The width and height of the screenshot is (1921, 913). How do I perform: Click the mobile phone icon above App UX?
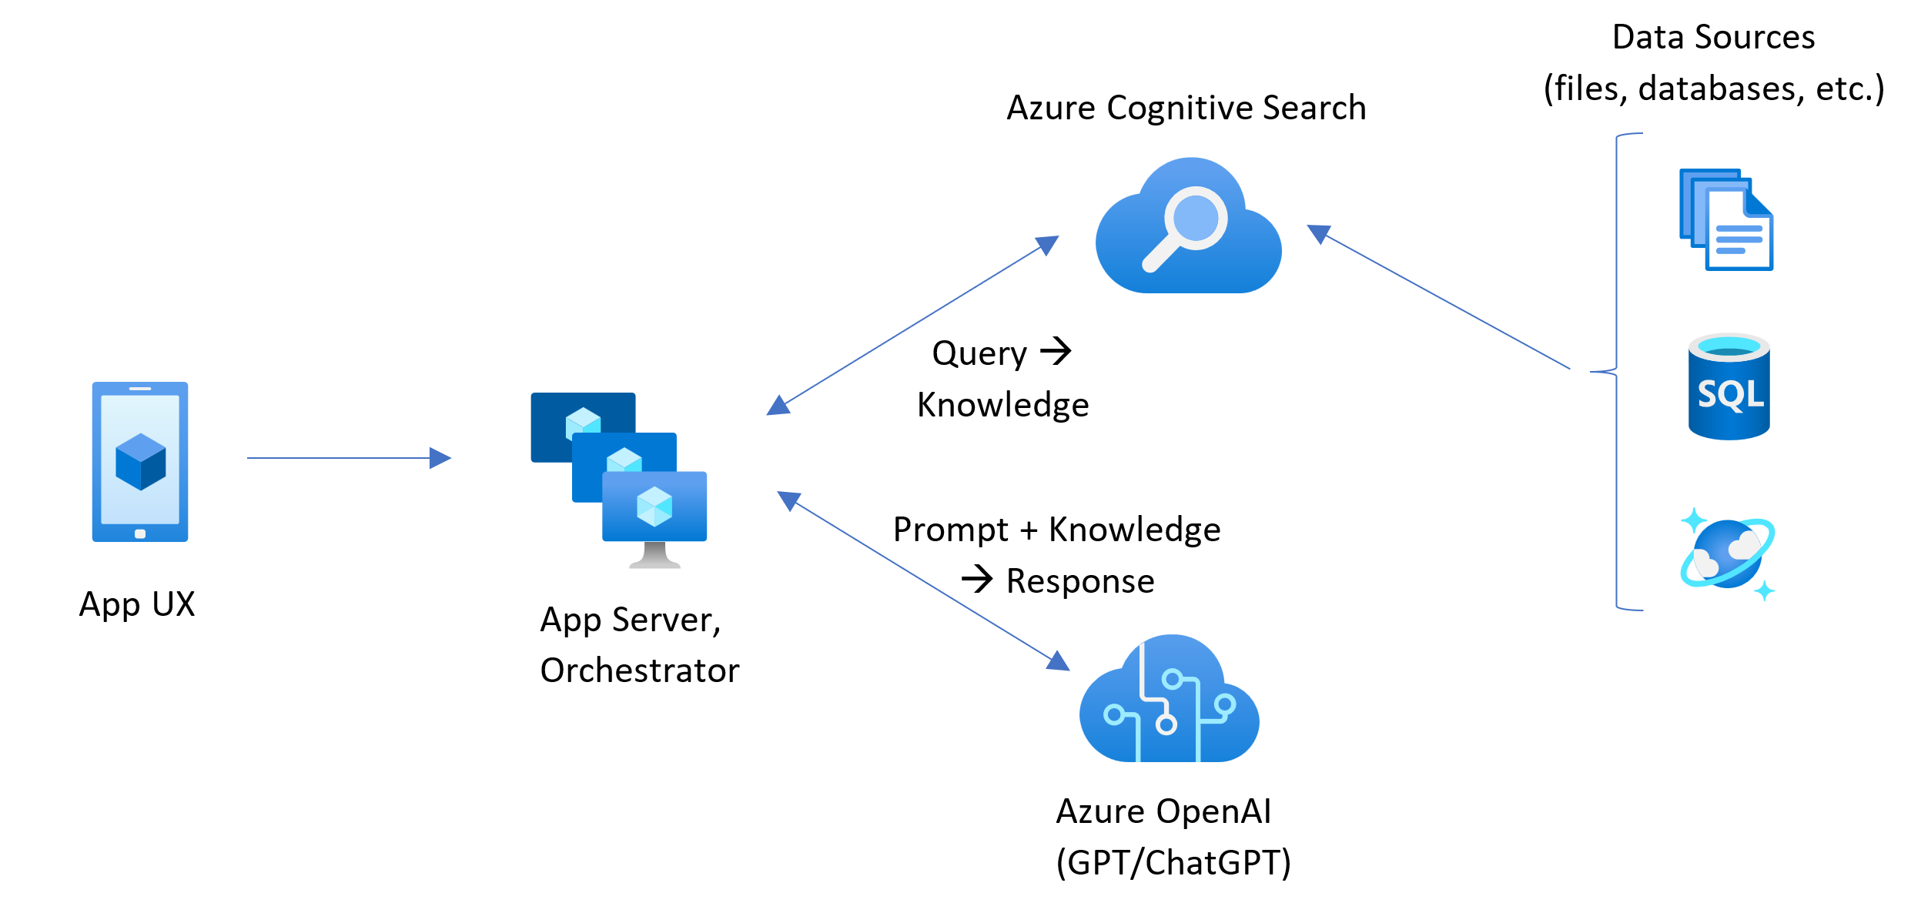point(140,461)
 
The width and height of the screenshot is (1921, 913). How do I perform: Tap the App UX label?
point(137,604)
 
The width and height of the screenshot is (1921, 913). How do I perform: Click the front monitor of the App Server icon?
point(654,507)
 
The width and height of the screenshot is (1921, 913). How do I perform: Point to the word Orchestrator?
point(639,671)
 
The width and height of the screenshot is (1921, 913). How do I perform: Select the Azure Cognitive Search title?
point(1186,108)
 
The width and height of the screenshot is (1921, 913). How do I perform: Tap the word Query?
point(979,353)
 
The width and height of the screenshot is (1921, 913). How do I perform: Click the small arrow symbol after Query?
point(1056,351)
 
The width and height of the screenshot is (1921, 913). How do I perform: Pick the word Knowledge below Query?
point(1002,405)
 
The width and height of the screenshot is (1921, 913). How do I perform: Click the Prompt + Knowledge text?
point(1056,530)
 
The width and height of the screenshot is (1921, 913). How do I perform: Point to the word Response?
point(1080,581)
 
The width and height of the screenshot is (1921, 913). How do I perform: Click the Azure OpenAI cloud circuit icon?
point(1169,701)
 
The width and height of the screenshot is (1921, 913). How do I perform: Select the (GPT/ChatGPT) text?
point(1173,862)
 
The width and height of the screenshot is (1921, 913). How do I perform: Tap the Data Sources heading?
point(1713,37)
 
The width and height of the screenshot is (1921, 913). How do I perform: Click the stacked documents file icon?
point(1726,219)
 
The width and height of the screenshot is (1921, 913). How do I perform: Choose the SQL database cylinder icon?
point(1729,387)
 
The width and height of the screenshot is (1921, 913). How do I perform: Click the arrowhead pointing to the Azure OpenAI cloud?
point(1059,661)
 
